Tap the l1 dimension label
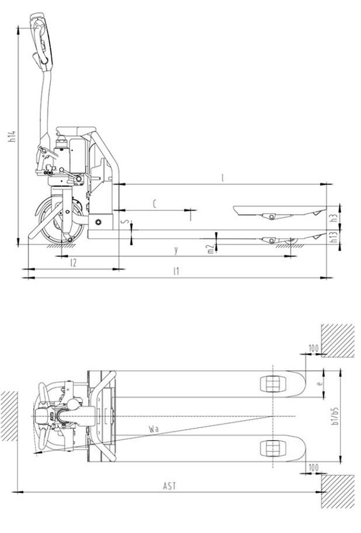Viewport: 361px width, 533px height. [x=176, y=271]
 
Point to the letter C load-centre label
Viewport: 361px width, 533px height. [x=154, y=203]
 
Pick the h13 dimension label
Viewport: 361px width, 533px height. [x=333, y=236]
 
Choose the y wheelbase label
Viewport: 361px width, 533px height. [x=176, y=250]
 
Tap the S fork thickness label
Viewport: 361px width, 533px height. [x=124, y=222]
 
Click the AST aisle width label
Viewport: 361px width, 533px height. [x=169, y=486]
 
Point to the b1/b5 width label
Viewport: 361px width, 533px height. [x=336, y=416]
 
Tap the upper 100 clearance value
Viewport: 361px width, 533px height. [x=313, y=349]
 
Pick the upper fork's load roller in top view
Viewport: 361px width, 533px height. [x=273, y=384]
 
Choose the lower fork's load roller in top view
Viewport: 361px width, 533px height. [x=273, y=448]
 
